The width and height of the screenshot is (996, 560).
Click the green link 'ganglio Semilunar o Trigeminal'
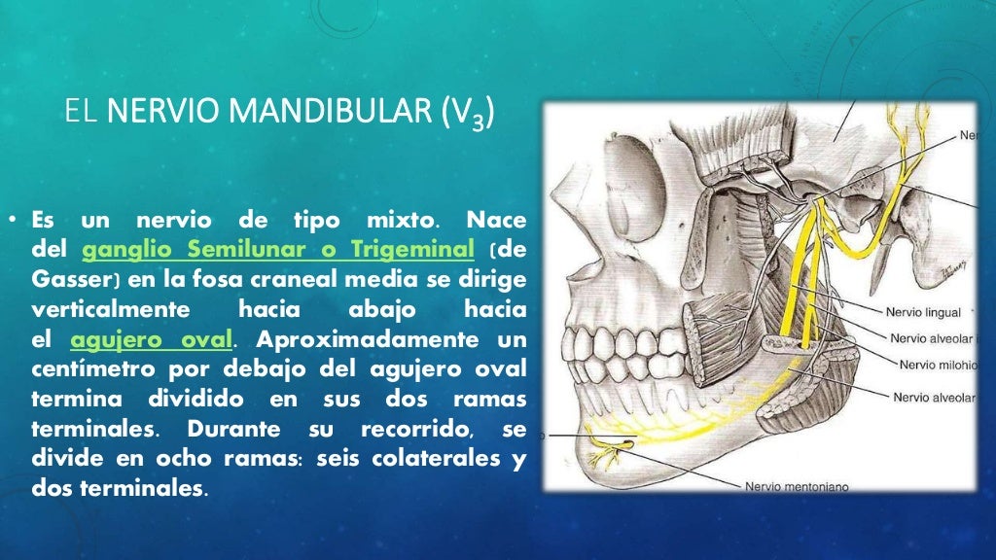[x=278, y=251]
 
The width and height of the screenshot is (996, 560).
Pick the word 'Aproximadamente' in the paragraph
[x=347, y=341]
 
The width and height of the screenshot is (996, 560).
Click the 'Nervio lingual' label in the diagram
[x=922, y=313]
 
